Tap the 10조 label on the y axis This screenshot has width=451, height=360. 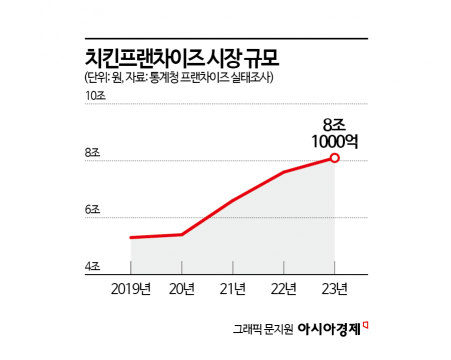tap(96, 96)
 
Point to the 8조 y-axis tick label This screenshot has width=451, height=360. tap(96, 153)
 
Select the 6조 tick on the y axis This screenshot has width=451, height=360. tap(96, 210)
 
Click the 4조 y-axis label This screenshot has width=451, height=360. tap(96, 267)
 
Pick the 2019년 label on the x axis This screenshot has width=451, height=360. tap(131, 290)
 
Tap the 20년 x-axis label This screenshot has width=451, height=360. tap(181, 290)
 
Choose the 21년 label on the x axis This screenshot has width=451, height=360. tap(232, 290)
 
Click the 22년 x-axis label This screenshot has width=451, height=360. tap(283, 290)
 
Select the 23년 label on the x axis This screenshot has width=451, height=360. tap(334, 290)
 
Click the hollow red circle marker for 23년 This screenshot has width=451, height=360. tap(334, 158)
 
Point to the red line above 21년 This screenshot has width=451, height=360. tap(232, 201)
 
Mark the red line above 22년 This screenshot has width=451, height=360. tap(283, 172)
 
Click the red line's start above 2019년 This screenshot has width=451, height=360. tap(131, 237)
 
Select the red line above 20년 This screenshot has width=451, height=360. tap(181, 234)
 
